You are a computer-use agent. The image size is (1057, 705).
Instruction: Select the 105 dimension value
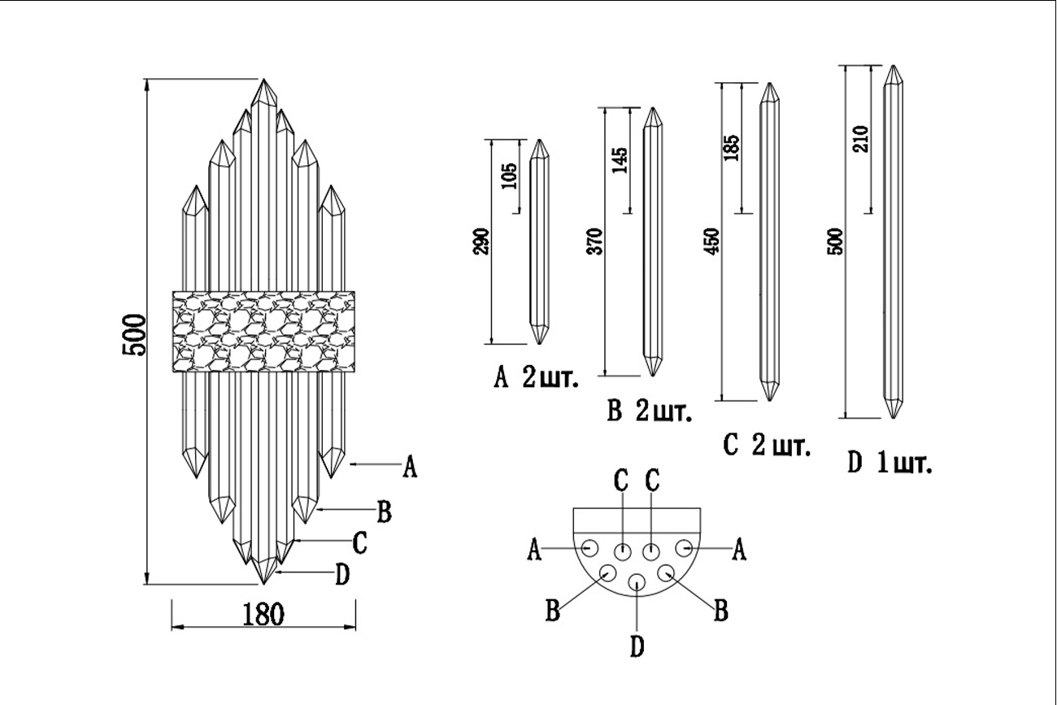(510, 176)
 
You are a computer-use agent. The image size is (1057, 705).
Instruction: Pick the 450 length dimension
(714, 242)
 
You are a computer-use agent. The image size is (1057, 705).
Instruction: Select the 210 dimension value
(862, 138)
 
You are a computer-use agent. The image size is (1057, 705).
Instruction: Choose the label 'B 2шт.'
(650, 412)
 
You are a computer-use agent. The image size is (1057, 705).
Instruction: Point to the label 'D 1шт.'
(889, 464)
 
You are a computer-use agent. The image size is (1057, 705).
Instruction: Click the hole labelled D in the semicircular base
(637, 582)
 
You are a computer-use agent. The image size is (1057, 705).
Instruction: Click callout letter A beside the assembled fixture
(410, 468)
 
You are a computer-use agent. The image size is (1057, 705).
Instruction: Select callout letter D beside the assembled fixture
(342, 575)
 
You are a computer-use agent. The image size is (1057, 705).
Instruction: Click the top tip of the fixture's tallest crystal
(263, 81)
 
